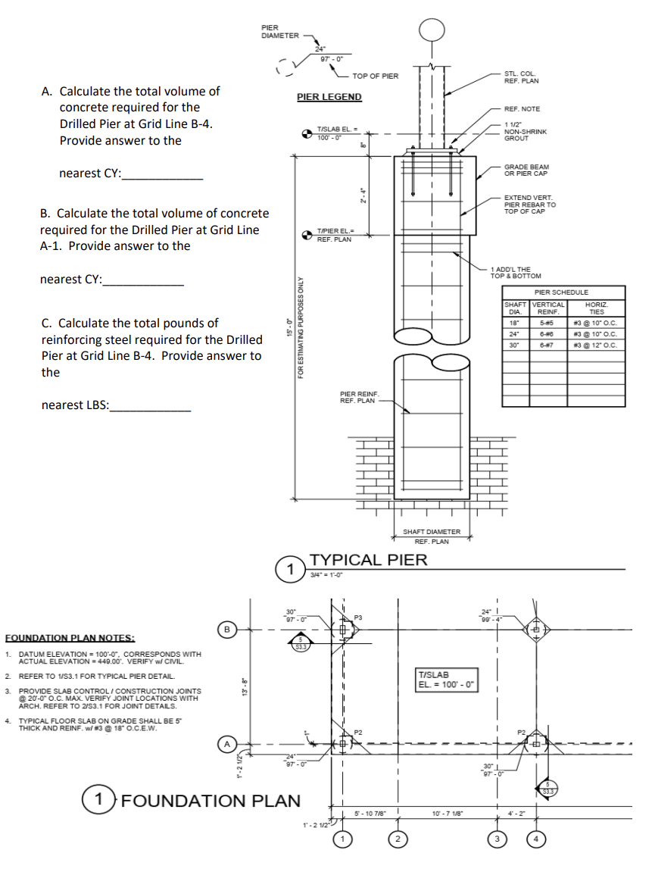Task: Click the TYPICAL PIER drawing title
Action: [x=369, y=560]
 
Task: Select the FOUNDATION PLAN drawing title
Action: [x=211, y=800]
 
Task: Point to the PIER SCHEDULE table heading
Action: [x=561, y=292]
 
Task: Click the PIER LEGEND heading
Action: [x=329, y=97]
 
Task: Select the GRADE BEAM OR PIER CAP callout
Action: [x=526, y=170]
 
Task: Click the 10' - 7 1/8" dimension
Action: [x=447, y=814]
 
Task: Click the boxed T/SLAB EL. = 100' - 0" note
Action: [x=446, y=680]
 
